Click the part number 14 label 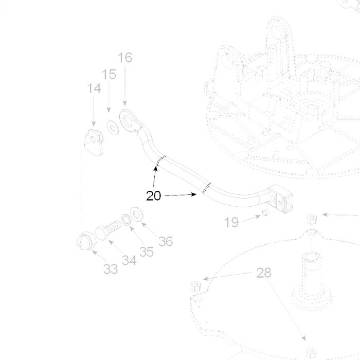tap(94, 88)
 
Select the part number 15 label tap(109, 75)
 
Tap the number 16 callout tap(125, 57)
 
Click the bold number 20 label tap(154, 196)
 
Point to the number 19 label tap(231, 222)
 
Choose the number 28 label tap(264, 273)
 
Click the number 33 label tap(111, 268)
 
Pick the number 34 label tap(129, 261)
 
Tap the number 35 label tap(147, 251)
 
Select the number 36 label tap(166, 241)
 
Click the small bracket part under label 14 tap(93, 142)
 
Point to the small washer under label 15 tap(111, 127)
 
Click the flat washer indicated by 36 tap(137, 212)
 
